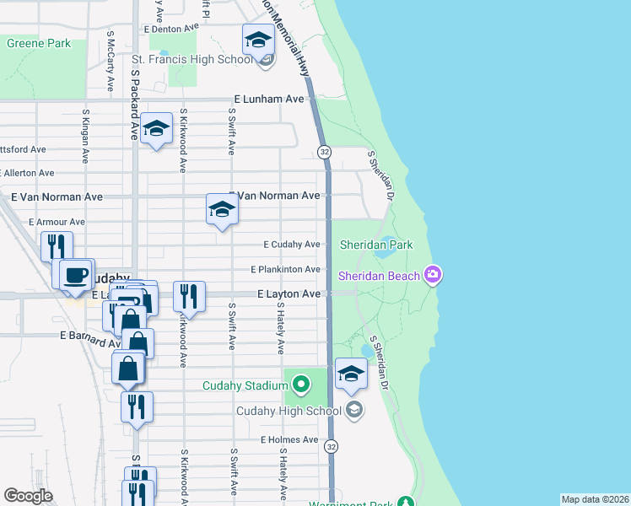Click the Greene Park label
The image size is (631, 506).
click(x=39, y=42)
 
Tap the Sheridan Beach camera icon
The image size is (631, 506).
click(x=433, y=275)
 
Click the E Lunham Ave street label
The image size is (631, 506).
click(x=268, y=99)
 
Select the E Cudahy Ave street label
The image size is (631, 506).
click(x=291, y=245)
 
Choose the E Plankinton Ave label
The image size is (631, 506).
click(x=285, y=269)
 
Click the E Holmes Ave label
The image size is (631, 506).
click(x=289, y=440)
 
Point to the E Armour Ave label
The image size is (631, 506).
click(x=56, y=222)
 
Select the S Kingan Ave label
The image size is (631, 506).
click(x=85, y=135)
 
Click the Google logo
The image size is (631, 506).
click(x=28, y=496)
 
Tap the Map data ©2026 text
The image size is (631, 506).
click(x=595, y=499)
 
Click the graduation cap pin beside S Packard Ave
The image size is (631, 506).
click(x=156, y=128)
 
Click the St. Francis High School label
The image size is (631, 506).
click(x=191, y=60)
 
